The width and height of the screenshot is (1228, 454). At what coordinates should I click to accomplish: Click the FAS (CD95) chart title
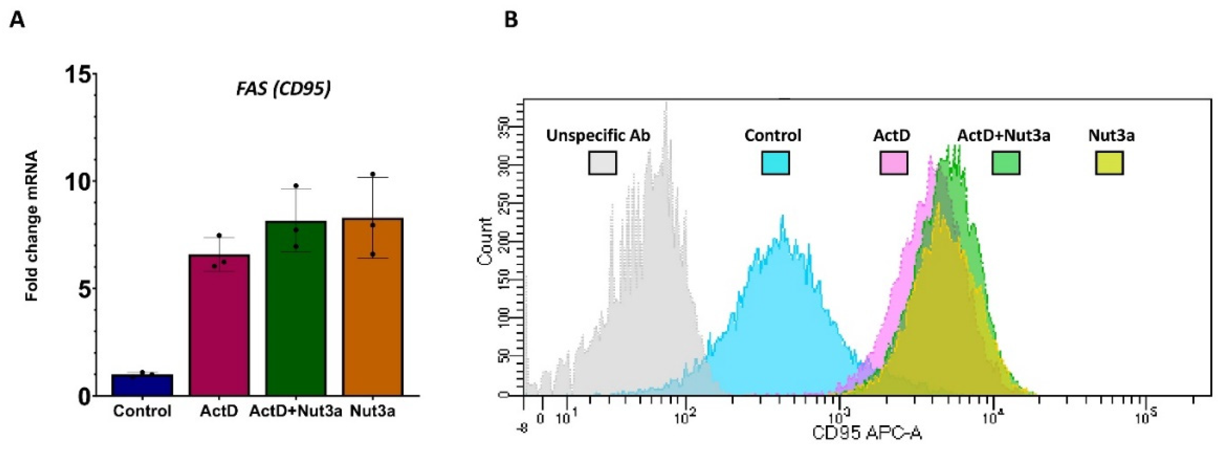pyautogui.click(x=283, y=89)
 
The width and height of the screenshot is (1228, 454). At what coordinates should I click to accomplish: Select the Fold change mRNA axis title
pyautogui.click(x=32, y=226)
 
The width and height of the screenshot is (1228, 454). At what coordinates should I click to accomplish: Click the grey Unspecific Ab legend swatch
pyautogui.click(x=602, y=163)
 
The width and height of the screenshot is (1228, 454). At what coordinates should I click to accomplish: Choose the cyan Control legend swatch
pyautogui.click(x=775, y=163)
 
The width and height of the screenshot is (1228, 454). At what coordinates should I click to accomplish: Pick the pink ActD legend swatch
pyautogui.click(x=893, y=163)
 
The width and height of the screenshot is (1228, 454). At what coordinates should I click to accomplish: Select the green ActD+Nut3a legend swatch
pyautogui.click(x=1006, y=163)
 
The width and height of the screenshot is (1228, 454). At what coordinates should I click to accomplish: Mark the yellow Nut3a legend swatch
pyautogui.click(x=1109, y=163)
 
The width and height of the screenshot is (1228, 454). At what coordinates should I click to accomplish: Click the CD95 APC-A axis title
pyautogui.click(x=867, y=433)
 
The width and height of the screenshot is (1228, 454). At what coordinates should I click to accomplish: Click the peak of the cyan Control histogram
pyautogui.click(x=782, y=217)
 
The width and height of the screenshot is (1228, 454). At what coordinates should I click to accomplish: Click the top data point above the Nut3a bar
pyautogui.click(x=373, y=174)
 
